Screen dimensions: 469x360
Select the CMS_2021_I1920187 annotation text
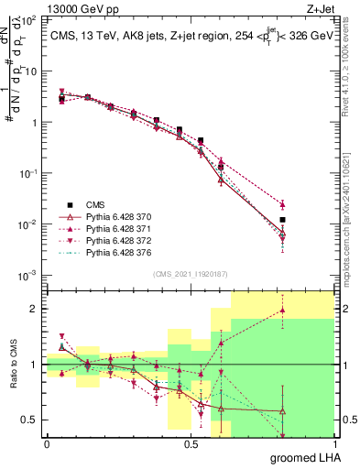191,274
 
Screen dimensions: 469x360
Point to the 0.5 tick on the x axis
191,443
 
